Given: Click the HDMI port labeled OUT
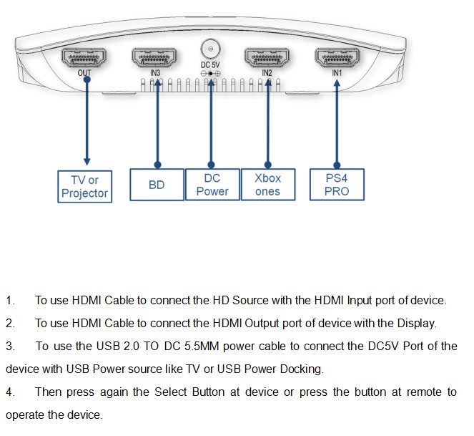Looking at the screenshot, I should coord(84,57).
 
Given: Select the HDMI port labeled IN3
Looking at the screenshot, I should coord(155,57).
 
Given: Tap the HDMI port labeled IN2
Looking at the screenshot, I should coord(267,57).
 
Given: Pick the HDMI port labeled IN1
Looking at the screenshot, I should coord(337,57).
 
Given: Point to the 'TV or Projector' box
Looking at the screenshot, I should coord(85,186).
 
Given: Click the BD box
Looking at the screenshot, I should coord(157,185).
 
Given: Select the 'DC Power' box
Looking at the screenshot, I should coord(212,185).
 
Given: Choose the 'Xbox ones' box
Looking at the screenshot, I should coord(267,185).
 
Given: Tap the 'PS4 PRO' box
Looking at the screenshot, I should coord(337,185).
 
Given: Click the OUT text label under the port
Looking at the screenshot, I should coord(84,73).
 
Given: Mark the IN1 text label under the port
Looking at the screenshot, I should coord(337,73).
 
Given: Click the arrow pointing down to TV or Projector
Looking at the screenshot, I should coord(87,122).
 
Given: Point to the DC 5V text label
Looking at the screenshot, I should coord(210,65).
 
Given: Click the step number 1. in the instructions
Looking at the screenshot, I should coord(10,301).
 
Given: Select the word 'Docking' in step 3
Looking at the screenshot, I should coord(304,369).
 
